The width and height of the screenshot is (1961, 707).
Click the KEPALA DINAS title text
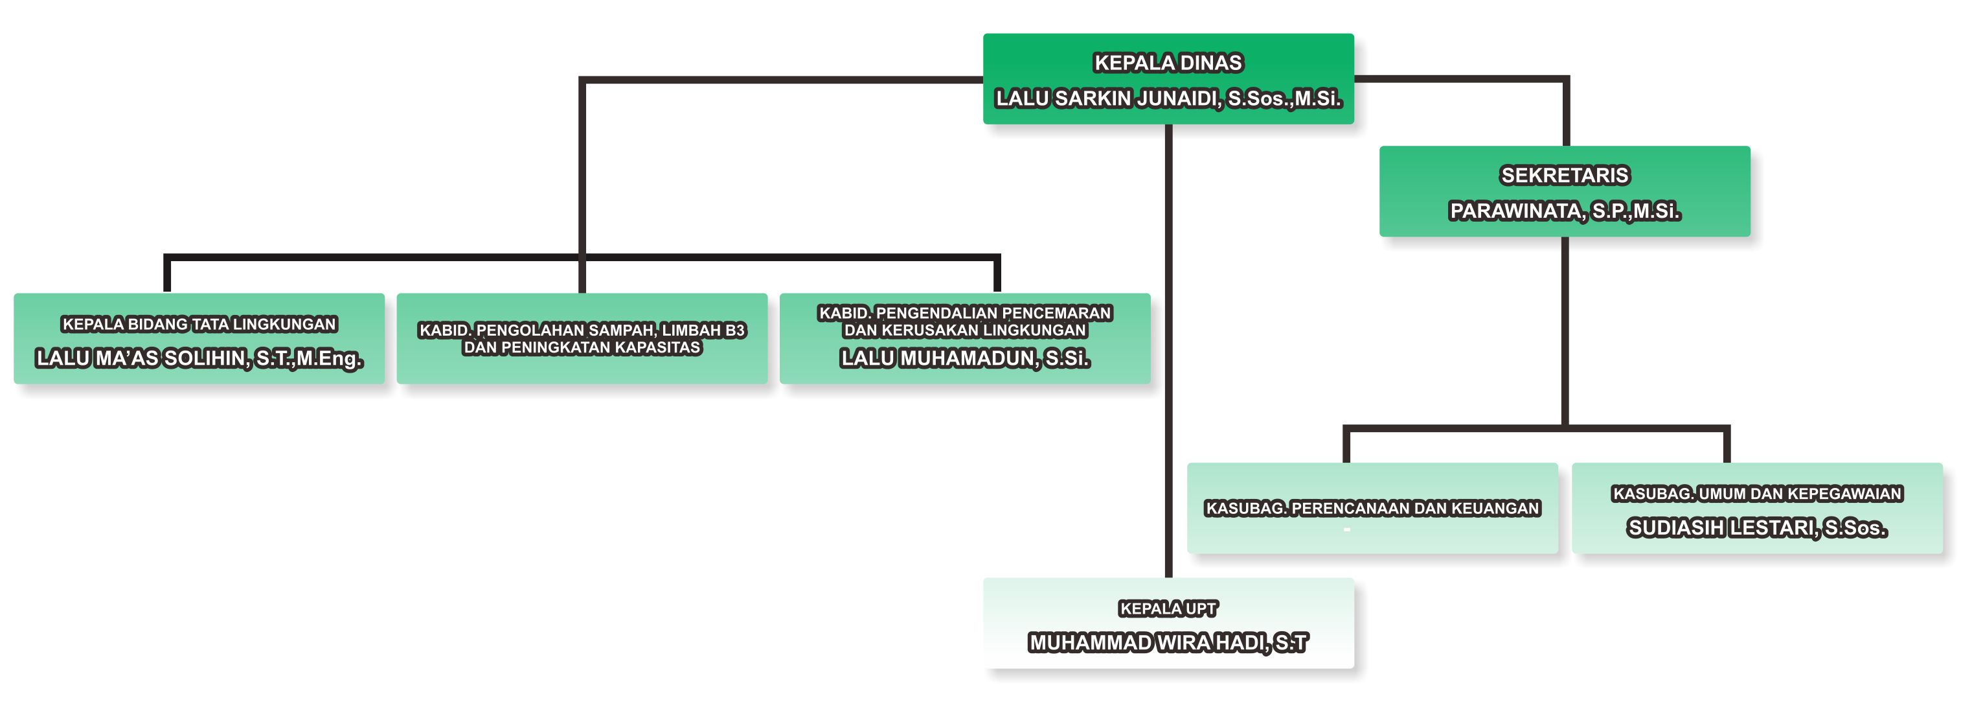pos(1168,62)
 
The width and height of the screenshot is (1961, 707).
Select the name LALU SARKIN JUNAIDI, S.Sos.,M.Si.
pos(1168,99)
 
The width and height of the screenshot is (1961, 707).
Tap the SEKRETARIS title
pos(1565,175)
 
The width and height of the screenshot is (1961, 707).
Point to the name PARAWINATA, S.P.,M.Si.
pos(1565,211)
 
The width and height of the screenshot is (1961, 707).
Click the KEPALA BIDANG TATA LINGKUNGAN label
pos(199,325)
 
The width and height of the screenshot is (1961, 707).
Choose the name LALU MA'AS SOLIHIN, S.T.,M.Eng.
pos(199,358)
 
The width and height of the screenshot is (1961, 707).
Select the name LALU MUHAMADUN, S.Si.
pos(964,358)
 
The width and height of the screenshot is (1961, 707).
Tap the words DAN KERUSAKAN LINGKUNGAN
pos(964,330)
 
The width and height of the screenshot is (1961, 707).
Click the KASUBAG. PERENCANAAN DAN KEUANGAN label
pos(1372,508)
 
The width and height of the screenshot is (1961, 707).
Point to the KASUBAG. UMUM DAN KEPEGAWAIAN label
pos(1757,494)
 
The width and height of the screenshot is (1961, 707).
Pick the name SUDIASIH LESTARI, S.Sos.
pos(1757,527)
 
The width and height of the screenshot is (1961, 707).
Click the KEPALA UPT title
pos(1168,608)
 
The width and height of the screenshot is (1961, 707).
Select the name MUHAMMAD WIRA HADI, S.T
pos(1168,643)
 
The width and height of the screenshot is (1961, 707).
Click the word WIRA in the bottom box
pos(1184,643)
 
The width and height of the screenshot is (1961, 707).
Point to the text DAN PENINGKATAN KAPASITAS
pos(582,348)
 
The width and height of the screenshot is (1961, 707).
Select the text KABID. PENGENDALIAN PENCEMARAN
pos(964,313)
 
